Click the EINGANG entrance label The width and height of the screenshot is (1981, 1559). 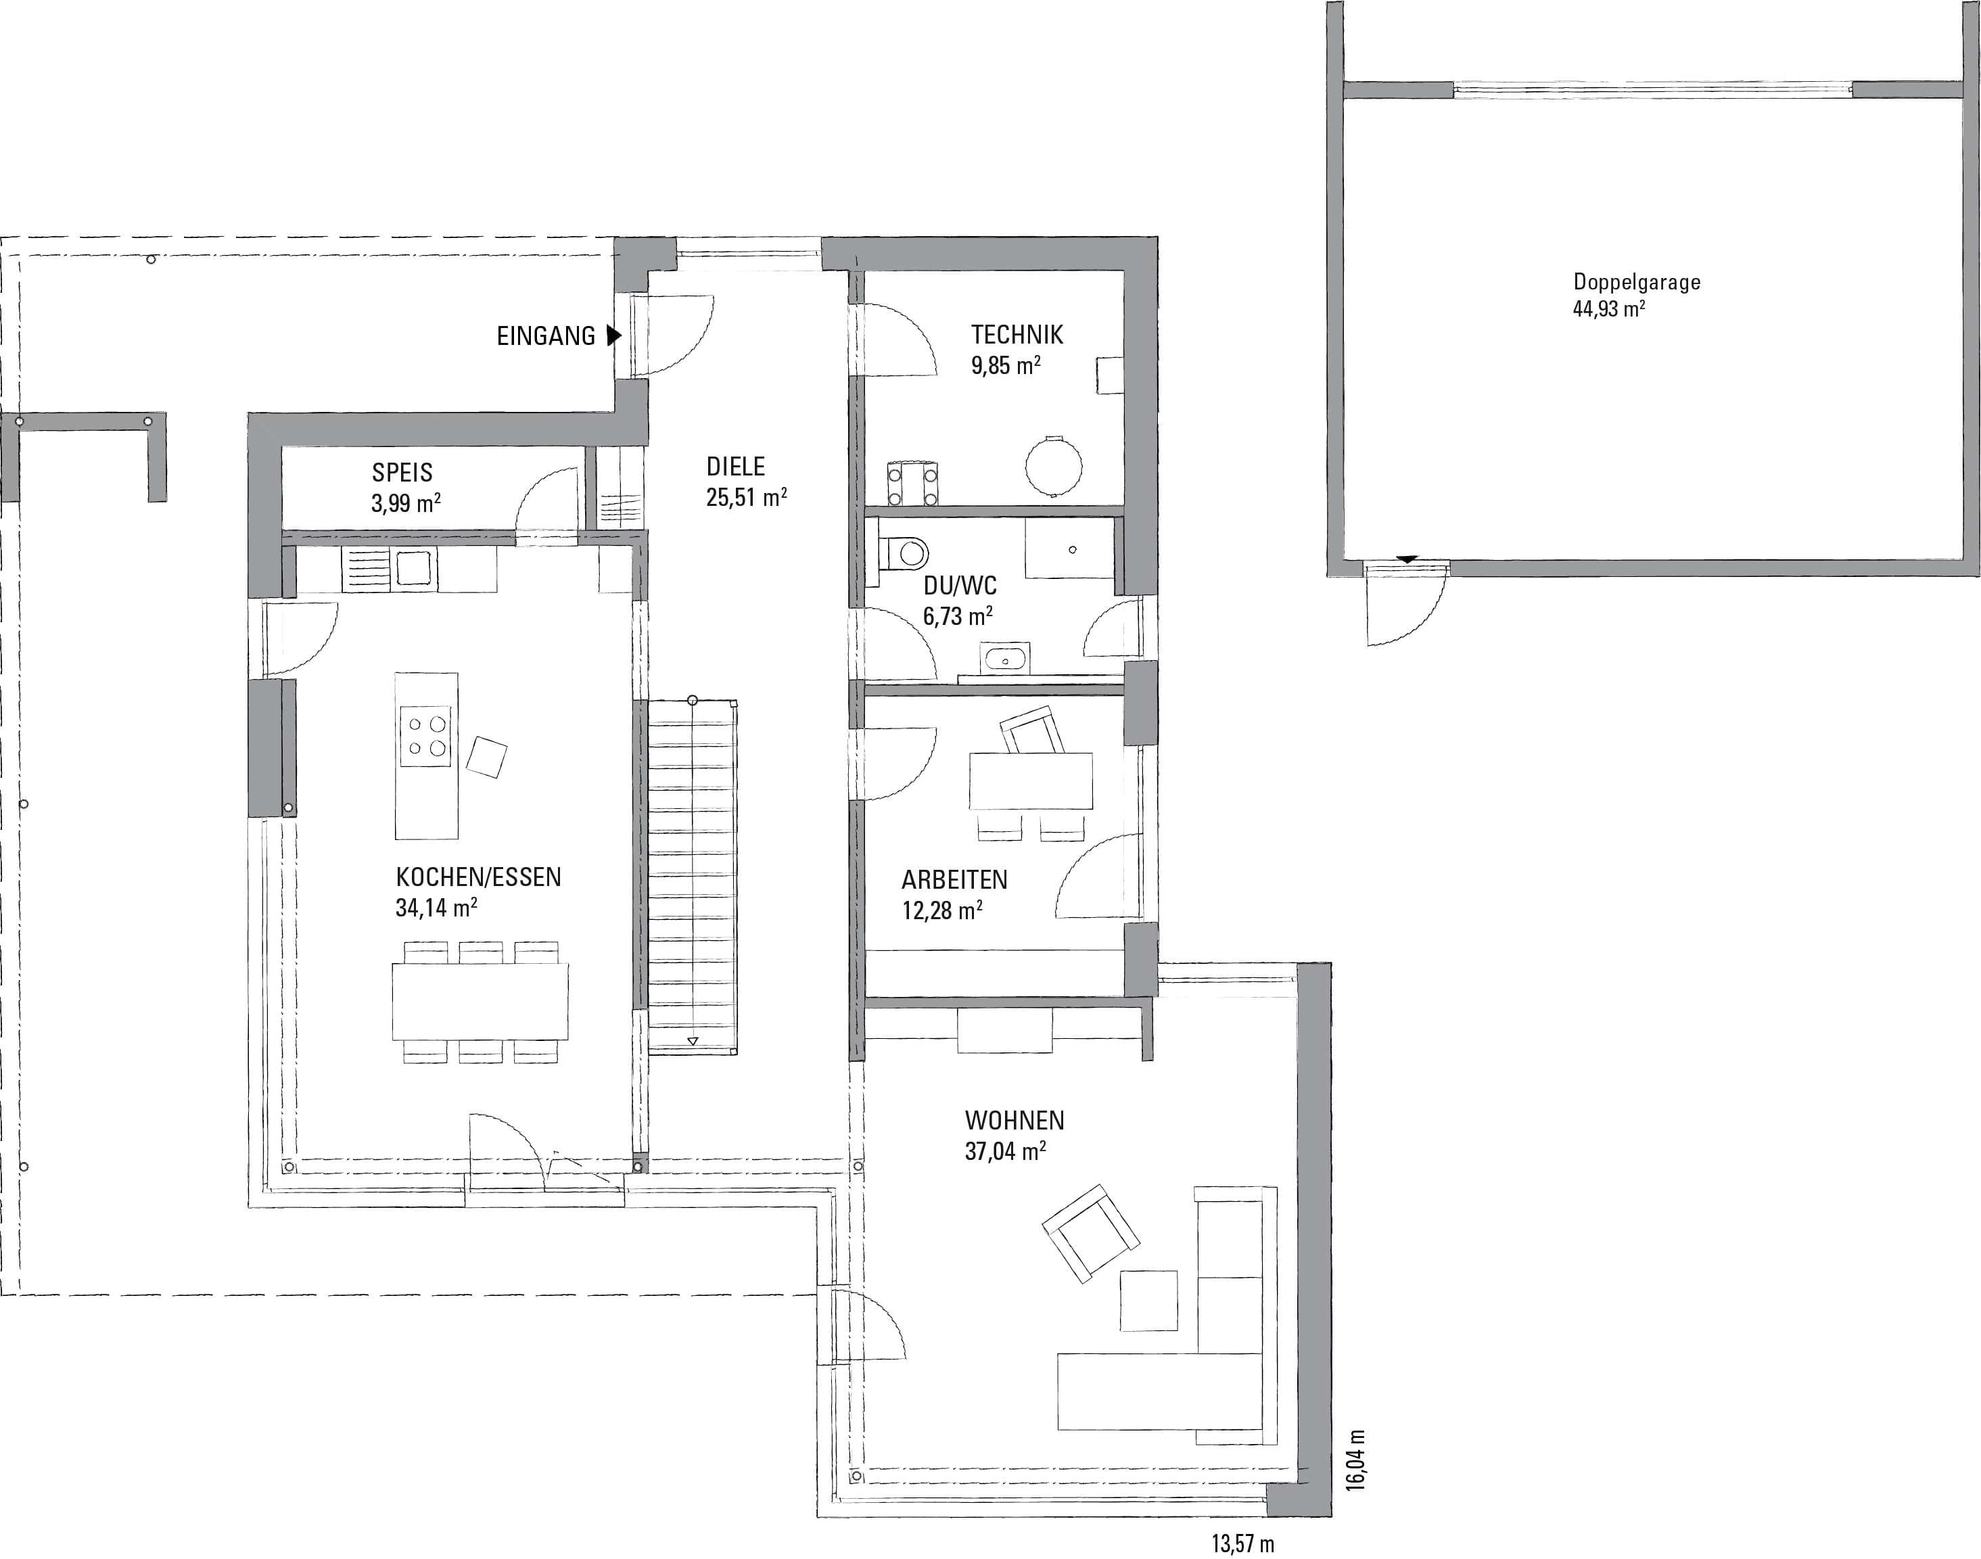546,336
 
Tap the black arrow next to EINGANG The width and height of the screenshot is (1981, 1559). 614,336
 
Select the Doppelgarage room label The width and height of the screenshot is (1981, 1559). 1637,282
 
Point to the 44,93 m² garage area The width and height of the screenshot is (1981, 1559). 1609,308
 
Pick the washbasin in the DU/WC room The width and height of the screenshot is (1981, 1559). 1004,657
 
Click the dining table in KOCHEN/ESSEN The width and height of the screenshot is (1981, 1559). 481,1001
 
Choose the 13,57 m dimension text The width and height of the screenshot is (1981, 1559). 1243,1544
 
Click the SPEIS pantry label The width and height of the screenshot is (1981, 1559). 402,473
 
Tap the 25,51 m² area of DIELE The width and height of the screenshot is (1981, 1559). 747,497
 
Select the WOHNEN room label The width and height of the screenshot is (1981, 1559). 1015,1120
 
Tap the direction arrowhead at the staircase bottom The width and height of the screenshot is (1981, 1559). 693,1040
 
